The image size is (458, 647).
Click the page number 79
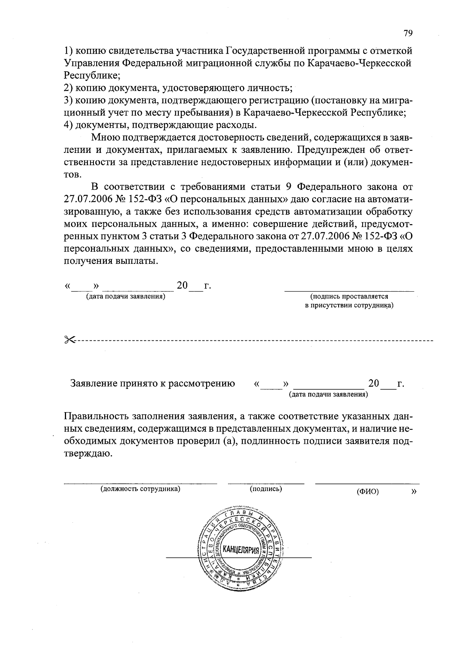tap(408, 34)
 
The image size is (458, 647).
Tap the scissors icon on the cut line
tap(70, 339)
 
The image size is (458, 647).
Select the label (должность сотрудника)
tap(140, 489)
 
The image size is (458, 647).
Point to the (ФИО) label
tap(368, 492)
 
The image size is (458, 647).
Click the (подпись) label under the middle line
tap(266, 489)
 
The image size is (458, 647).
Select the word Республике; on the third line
tap(92, 75)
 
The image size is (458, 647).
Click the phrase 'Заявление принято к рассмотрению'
tap(153, 384)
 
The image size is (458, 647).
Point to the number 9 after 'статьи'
tap(289, 187)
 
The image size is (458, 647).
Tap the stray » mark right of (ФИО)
tap(414, 491)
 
